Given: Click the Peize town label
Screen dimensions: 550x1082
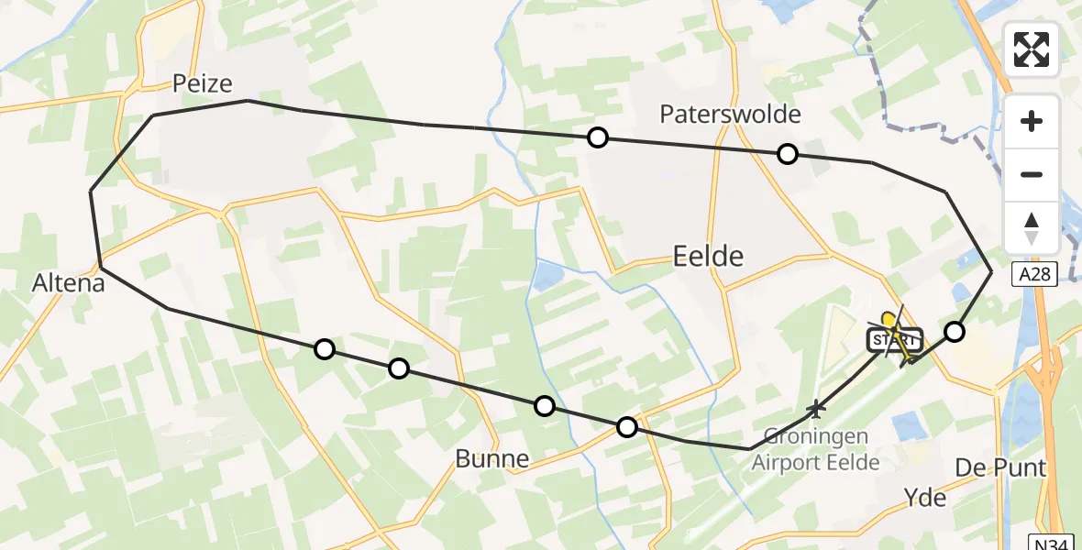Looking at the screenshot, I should point(203,84).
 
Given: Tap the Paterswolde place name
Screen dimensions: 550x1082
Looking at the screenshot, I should point(730,115).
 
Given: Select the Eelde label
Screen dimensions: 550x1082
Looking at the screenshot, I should point(708,256).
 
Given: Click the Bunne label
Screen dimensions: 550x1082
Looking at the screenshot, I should point(492,459).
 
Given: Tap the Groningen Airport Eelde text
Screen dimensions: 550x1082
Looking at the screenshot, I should point(815,451).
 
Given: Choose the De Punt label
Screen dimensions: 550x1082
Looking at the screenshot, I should point(1000,468).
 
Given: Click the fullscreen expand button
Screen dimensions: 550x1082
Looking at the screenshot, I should point(1032,49).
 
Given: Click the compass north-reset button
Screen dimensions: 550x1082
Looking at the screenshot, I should point(1032,228).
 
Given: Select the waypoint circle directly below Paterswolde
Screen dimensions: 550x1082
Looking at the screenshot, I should point(787,154).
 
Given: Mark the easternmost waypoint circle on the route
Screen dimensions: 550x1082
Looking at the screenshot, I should point(955,332).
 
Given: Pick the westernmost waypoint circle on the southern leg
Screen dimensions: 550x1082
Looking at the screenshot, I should point(324,348).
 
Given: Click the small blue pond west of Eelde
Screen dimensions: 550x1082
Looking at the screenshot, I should point(548,273).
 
